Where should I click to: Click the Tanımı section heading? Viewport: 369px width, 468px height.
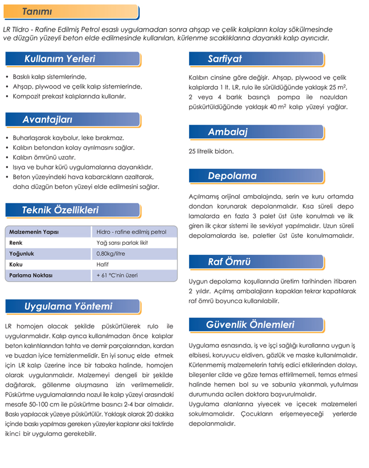pos(38,11)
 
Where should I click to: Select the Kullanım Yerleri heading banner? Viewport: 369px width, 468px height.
pos(59,59)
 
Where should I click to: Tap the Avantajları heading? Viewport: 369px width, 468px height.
pos(48,120)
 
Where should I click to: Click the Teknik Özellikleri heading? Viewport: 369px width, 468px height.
pos(60,210)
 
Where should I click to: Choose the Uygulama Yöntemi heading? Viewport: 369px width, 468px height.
pos(68,306)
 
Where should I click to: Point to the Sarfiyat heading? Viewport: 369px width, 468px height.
pos(224,59)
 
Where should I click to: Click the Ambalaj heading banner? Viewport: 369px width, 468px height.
pos(227,132)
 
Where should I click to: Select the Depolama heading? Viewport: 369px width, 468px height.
pos(232,176)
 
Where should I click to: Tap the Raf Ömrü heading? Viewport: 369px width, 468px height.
pos(229,261)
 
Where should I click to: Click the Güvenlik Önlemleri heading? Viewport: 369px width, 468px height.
pos(250,325)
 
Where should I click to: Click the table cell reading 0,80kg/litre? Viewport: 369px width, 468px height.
pos(111,254)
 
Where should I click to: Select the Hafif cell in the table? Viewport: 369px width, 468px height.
pos(103,264)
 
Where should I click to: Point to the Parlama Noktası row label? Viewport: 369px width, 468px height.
pos(31,275)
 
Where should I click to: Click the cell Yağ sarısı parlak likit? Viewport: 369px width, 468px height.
pos(122,243)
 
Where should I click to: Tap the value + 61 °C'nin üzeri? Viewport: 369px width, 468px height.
pos(117,275)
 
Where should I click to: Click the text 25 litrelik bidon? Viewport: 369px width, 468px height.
pos(211,151)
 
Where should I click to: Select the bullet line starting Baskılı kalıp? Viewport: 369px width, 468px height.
pos(49,77)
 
